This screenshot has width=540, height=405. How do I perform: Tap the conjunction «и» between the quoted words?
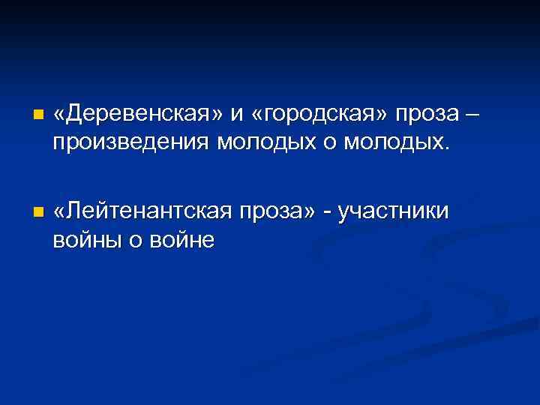click(x=238, y=115)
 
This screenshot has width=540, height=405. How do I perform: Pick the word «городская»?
click(x=322, y=115)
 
